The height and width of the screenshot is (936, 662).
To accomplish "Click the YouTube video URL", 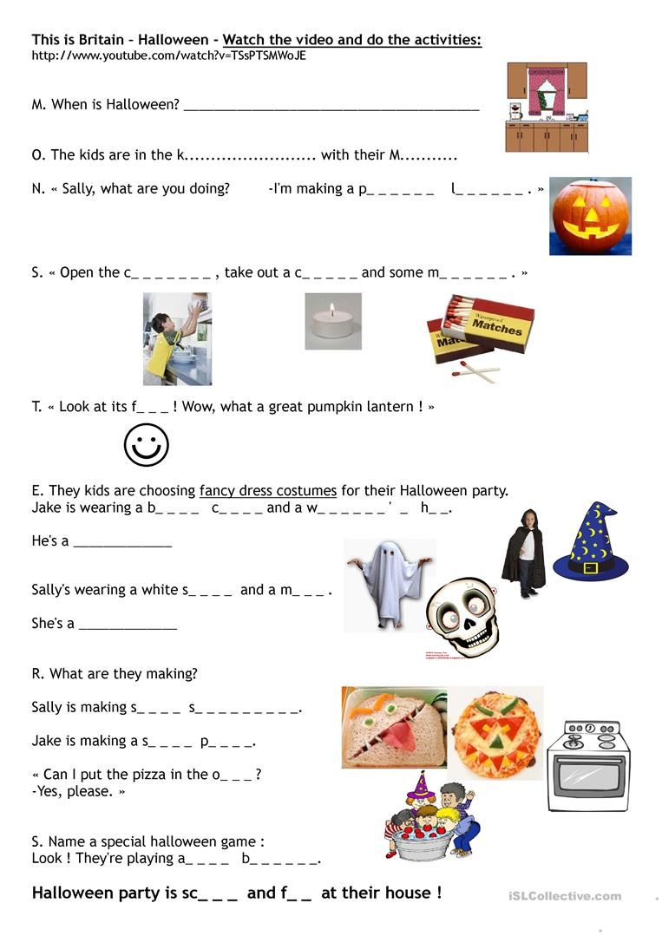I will pos(169,56).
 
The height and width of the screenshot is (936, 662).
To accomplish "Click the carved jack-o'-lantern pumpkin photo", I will pos(590,216).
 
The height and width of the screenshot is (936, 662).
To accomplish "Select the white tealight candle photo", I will pos(333,322).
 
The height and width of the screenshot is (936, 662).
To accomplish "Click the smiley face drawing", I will pos(147,446).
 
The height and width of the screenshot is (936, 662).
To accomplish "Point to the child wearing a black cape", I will pos(524,553).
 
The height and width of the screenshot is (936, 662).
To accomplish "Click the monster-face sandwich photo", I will pos(394,728).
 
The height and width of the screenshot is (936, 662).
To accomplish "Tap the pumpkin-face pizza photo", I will pos(496,732).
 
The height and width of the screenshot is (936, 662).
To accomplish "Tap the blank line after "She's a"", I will pos(128,625).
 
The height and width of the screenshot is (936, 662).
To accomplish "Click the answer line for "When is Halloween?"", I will pos(331,108).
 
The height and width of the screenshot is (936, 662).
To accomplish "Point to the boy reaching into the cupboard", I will pos(177,338).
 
